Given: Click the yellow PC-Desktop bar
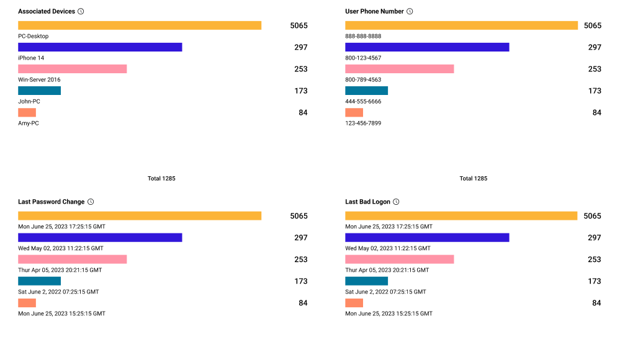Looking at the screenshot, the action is (x=140, y=25).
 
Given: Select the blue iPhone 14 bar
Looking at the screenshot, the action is (x=100, y=47).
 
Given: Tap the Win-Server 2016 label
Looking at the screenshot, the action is (x=39, y=79).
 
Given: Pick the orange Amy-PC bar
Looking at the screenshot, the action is (x=27, y=112).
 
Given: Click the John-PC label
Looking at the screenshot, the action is (x=29, y=101).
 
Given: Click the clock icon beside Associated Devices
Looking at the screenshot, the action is (x=81, y=11).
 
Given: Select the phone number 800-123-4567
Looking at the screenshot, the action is (x=363, y=58).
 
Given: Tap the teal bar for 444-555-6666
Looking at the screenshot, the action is (x=367, y=91).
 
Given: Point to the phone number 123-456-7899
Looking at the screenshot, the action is (x=363, y=123).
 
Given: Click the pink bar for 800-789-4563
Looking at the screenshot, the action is (x=399, y=69).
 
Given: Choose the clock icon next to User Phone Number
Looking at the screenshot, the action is (x=410, y=11).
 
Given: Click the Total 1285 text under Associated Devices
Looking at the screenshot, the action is (x=161, y=178).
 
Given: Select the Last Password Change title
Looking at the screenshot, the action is (x=52, y=202).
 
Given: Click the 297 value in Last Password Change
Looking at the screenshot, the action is (x=301, y=237).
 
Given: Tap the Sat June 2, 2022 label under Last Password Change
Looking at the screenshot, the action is (x=58, y=292).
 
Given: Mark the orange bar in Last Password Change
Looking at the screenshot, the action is (x=27, y=303).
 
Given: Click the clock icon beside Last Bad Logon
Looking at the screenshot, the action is (x=396, y=202).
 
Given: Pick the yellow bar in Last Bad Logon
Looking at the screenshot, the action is (x=461, y=215).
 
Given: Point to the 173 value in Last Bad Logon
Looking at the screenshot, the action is (x=595, y=281).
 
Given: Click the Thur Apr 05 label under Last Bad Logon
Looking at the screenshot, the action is (x=387, y=270).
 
